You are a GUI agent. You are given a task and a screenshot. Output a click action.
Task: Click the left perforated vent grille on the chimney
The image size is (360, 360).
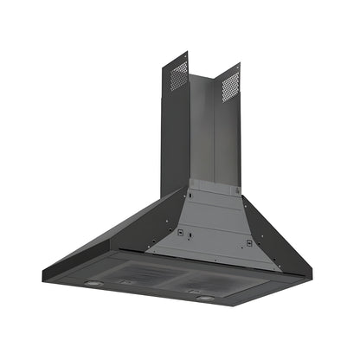(x=178, y=75)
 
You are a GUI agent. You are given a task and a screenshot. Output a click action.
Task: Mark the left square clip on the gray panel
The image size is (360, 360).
(x=179, y=232)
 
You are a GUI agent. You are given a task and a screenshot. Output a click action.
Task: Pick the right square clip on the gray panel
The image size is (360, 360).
(x=248, y=243)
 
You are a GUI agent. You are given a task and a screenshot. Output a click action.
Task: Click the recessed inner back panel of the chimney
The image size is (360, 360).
(x=202, y=130)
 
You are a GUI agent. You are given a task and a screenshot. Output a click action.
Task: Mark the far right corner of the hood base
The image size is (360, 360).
(x=305, y=279)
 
